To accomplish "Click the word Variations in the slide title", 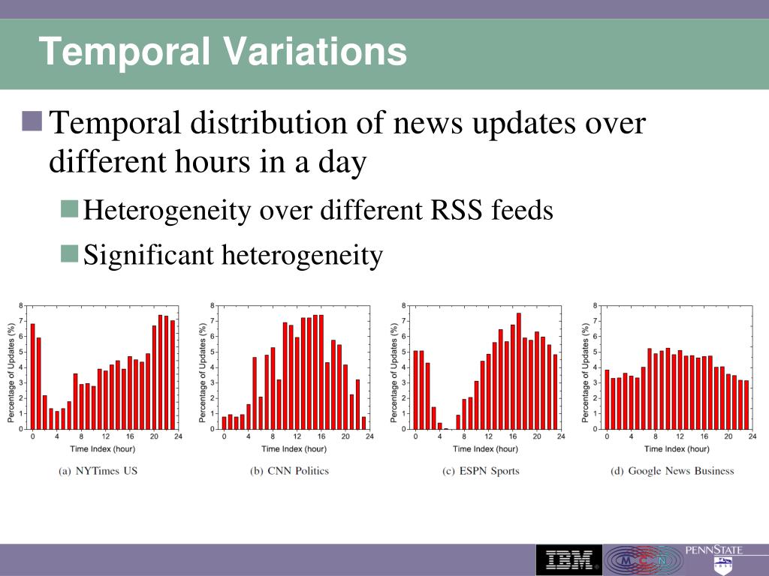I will [315, 52].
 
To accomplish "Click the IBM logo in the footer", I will [568, 559].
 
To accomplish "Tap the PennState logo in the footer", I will [713, 558].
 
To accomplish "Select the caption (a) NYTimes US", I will [98, 471].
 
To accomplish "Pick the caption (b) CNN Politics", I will [289, 471].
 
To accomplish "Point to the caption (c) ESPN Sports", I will [481, 471].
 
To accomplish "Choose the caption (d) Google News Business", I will [671, 471].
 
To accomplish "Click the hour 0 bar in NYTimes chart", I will [32, 376].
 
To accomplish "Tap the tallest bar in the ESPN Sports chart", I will [518, 370].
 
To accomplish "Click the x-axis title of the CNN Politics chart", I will [294, 448].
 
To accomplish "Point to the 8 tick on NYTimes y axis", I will [21, 305].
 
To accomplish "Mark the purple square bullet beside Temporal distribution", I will [32, 120].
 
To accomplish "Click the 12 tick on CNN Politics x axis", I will [297, 436].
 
